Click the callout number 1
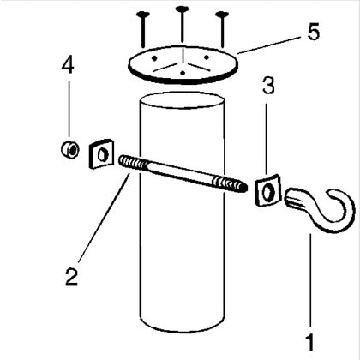pos(310,343)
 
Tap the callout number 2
pos(71,276)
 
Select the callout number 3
pos(268,85)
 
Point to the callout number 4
pos(68,64)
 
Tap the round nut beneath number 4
pos(70,150)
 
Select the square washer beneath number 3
pos(267,190)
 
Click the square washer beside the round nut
pos(101,153)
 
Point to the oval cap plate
pos(183,65)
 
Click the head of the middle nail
pos(183,9)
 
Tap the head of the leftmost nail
pos(143,14)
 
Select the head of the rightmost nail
pos(222,14)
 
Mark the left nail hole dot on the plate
pos(154,58)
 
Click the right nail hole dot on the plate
pos(207,57)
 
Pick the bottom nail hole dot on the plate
pos(183,74)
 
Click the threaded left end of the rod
pos(133,164)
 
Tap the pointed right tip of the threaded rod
pos(244,189)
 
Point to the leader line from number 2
pos(104,217)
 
